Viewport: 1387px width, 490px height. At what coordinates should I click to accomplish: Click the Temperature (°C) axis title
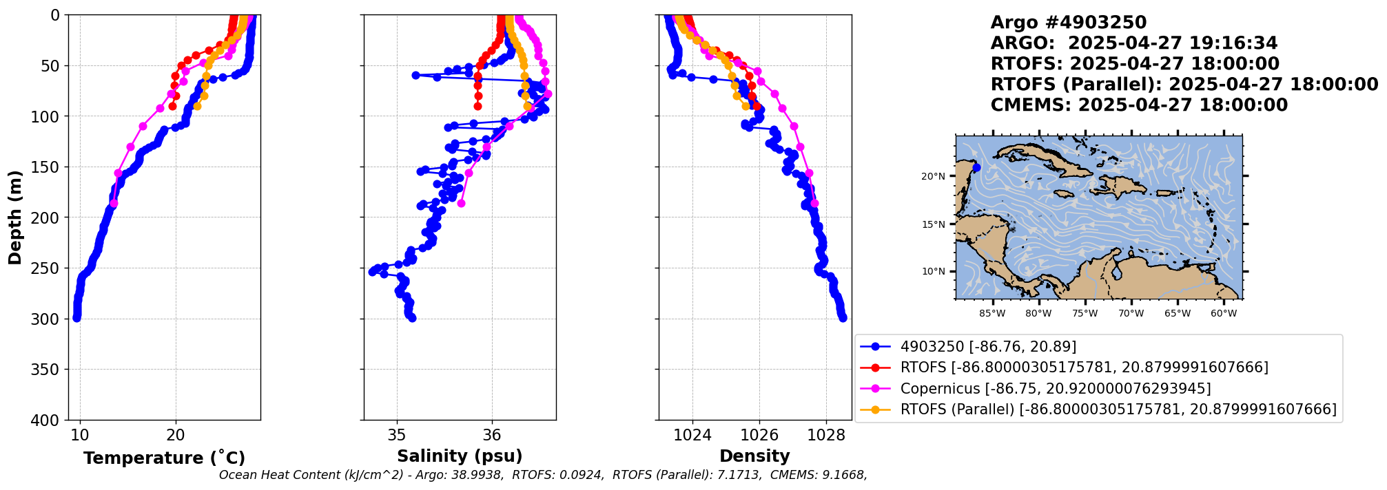164,458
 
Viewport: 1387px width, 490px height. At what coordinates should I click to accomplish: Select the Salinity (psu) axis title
460,456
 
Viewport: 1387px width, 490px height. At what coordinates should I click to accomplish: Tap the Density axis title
754,456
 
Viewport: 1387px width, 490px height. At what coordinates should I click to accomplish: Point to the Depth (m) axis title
15,217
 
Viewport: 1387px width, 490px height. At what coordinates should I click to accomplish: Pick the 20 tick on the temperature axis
176,436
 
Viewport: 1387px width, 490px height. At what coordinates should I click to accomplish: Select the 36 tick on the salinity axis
491,436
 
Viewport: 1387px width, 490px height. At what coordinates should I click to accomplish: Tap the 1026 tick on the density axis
759,436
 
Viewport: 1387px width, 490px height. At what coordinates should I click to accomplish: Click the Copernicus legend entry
1055,389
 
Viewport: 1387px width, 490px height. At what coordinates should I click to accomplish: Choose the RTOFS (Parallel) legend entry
1118,409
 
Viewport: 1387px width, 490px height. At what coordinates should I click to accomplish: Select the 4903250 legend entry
988,347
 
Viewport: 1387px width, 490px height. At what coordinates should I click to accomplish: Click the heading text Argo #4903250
1068,23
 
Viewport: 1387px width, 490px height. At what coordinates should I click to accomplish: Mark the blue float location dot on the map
976,168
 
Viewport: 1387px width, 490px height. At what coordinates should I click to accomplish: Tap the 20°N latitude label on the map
933,176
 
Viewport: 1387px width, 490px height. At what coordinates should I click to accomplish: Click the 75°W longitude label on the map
1085,314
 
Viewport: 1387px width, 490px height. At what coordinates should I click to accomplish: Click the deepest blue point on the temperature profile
76,318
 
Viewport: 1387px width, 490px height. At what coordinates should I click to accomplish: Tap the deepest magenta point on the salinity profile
462,203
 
